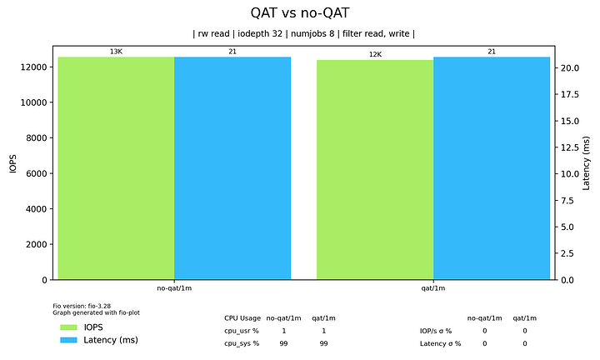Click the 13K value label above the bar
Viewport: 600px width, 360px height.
click(x=116, y=52)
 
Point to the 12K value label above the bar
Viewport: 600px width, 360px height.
click(x=375, y=55)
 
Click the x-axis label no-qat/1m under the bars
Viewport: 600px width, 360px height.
click(x=174, y=288)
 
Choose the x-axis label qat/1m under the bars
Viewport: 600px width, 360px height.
click(x=433, y=288)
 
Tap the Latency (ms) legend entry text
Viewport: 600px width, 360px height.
click(x=110, y=340)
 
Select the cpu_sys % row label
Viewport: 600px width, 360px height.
click(x=242, y=343)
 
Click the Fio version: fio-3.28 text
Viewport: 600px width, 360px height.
click(x=82, y=306)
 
